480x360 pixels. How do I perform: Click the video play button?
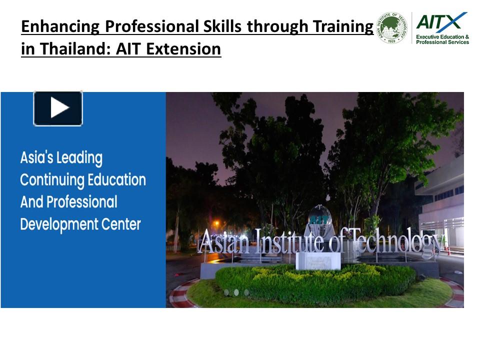[58, 108]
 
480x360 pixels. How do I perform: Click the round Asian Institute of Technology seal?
[392, 28]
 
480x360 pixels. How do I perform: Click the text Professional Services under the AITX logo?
[442, 42]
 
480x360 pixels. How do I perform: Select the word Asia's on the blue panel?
[36, 158]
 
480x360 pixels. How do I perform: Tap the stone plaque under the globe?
[318, 260]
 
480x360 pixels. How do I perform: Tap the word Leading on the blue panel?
[79, 158]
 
